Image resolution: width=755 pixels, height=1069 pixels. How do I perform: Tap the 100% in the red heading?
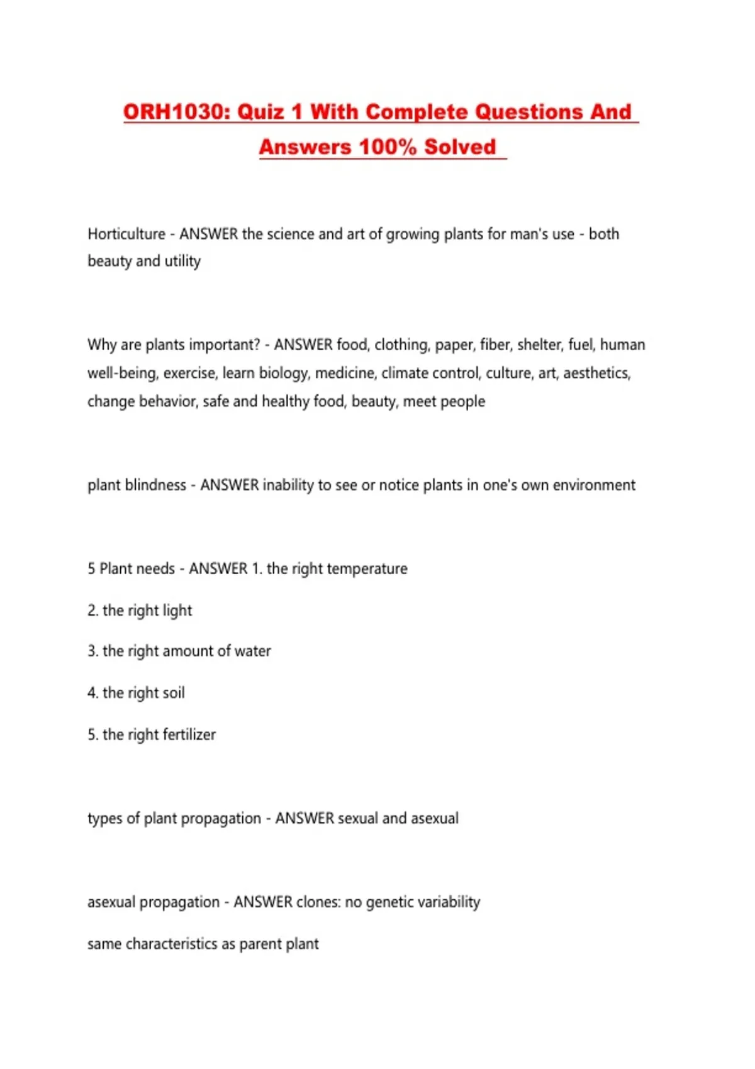point(387,147)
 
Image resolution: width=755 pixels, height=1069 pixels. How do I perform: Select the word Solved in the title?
point(460,147)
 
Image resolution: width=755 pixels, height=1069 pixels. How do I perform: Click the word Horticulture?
point(126,234)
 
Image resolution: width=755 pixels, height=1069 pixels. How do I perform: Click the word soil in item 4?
point(174,693)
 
